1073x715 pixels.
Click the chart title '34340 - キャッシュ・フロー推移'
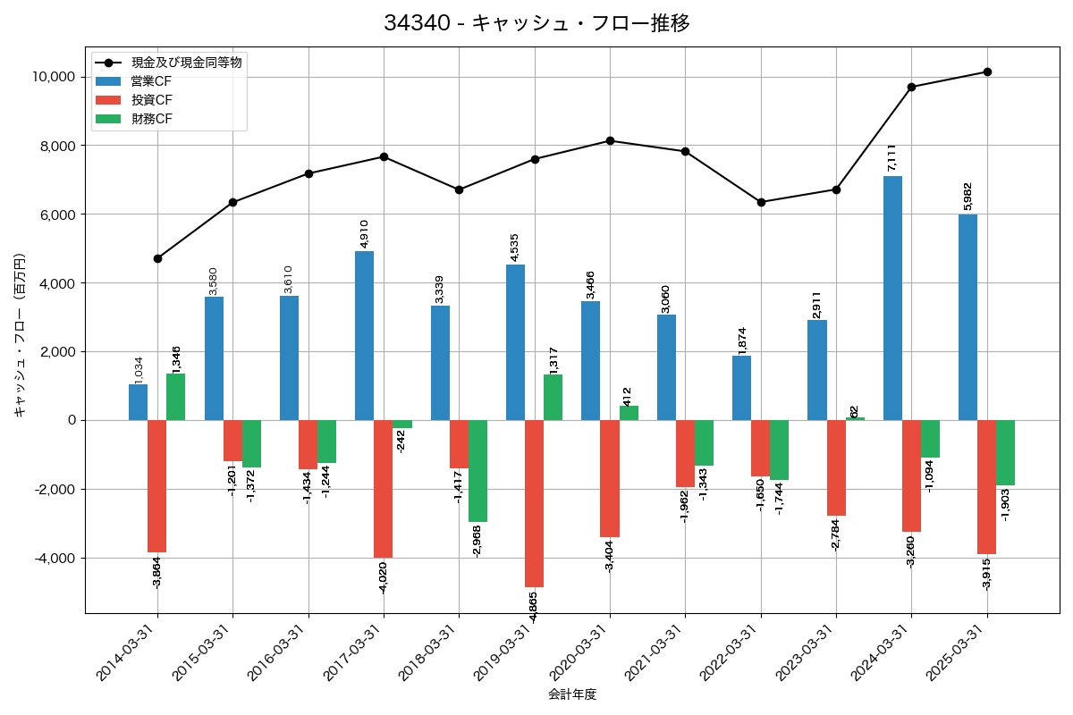tap(536, 23)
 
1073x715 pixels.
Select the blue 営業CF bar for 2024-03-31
tap(892, 298)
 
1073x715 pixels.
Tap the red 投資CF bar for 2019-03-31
tap(534, 503)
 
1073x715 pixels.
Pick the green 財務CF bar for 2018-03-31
tap(477, 471)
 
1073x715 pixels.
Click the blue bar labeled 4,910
tap(364, 335)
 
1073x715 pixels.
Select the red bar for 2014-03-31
tap(157, 486)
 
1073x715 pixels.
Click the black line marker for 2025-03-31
tap(987, 71)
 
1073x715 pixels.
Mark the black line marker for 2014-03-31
tap(157, 258)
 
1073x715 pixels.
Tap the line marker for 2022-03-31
tap(761, 202)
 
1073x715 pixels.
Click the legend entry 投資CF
tap(152, 100)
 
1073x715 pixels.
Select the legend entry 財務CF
tap(152, 119)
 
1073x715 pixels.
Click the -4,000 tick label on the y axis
tap(55, 558)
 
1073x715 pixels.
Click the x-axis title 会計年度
tap(572, 694)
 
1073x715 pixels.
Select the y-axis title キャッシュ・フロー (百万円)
tap(20, 335)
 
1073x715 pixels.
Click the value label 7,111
tap(891, 157)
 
